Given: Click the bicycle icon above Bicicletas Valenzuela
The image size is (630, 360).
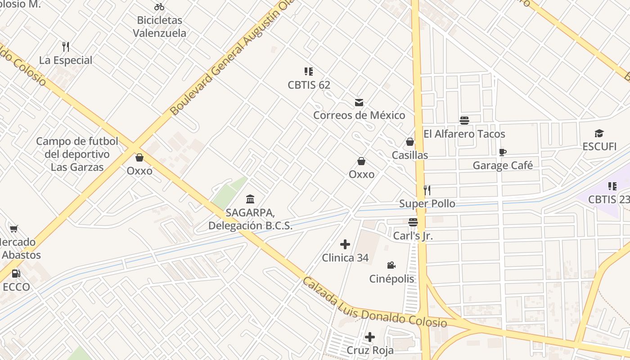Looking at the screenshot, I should (159, 7).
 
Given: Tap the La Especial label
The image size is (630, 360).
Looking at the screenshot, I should (66, 60).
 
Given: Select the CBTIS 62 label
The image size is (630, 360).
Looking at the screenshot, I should (309, 85).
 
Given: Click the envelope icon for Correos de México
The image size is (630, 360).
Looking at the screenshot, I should (359, 103).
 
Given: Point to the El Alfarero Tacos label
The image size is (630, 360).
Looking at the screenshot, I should (464, 134).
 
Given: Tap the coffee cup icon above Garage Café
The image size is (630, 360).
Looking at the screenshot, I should (503, 152).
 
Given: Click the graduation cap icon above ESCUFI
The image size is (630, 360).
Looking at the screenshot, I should (599, 133).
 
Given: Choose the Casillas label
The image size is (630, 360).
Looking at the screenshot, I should (410, 155).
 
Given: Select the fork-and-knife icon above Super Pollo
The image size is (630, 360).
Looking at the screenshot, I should (427, 190).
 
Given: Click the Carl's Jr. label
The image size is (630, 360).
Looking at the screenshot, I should (413, 236).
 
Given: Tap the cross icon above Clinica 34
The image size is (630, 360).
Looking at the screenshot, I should (345, 244).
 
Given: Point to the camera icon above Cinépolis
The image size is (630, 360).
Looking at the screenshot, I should (391, 265).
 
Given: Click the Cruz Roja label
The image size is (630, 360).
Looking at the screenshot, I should (370, 350).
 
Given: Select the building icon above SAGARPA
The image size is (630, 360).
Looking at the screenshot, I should (250, 199).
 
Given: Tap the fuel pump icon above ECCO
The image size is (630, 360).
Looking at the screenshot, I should (16, 274).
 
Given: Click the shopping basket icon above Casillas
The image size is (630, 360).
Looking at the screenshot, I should (410, 142).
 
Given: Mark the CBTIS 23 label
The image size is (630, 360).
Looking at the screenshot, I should (608, 199).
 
